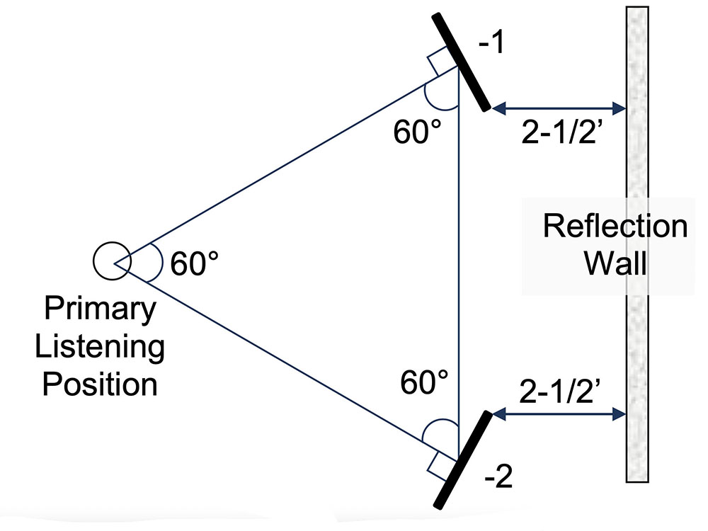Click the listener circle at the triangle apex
(x=110, y=260)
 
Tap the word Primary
(x=100, y=309)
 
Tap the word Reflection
(x=615, y=227)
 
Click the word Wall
(x=615, y=263)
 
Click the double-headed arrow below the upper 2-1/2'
(x=559, y=108)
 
